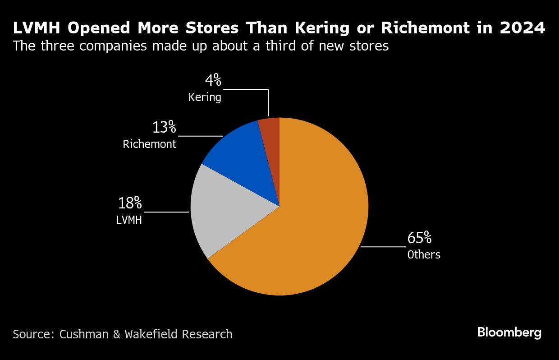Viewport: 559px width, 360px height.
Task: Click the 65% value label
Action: point(420,238)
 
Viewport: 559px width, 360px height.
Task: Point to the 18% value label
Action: point(130,203)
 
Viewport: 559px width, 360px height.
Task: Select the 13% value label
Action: point(164,128)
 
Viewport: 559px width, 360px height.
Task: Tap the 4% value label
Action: point(213,81)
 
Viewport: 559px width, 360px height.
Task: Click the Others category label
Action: point(424,255)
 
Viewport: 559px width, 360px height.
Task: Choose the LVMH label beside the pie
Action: point(129,220)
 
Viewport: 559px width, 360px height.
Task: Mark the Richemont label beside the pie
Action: point(150,144)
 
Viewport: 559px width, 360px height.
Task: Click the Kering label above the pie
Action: point(205,97)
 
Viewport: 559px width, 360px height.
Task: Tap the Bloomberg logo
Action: point(509,333)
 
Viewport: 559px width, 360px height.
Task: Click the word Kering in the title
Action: point(322,28)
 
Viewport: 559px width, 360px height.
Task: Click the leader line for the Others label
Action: point(383,247)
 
